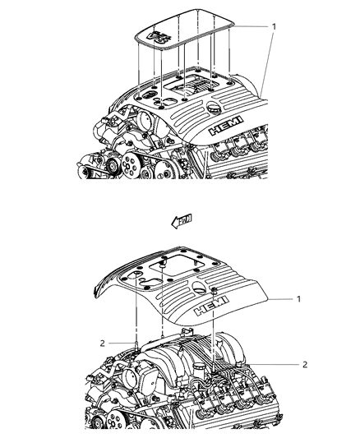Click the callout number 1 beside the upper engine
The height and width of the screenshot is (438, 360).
274,25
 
